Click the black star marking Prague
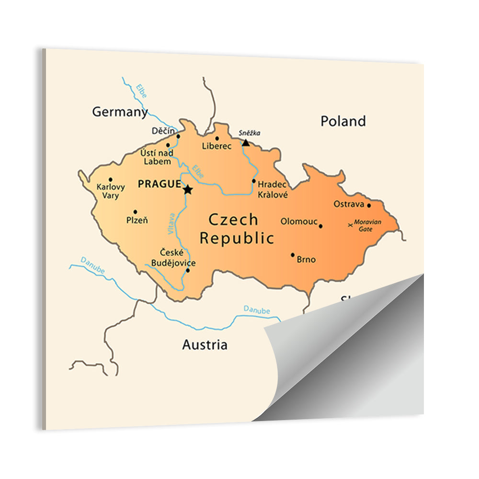coord(187,190)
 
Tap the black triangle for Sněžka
coord(245,143)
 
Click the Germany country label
coord(120,112)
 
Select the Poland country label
coord(343,121)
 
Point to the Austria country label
coord(205,345)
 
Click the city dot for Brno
coord(293,255)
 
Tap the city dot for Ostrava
coord(369,205)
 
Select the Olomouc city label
coord(299,221)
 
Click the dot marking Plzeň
coord(135,212)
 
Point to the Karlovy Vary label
coord(111,191)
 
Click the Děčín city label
coord(163,131)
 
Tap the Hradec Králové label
coord(273,189)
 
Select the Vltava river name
coord(171,223)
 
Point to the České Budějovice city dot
coord(187,270)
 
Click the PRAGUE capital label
coord(159,184)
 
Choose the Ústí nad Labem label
coord(156,157)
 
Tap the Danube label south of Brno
coord(256,310)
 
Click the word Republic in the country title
coord(237,238)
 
